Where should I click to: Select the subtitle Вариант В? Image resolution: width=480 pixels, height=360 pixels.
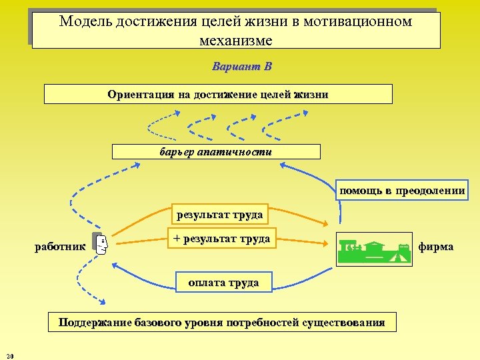point(241,67)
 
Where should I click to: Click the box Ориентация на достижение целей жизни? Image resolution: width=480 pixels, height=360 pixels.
point(218,94)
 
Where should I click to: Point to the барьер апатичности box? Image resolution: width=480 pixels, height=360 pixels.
point(216,151)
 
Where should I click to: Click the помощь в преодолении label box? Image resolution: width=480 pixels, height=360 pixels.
point(401,191)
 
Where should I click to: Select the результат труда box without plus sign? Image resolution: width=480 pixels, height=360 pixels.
point(219,215)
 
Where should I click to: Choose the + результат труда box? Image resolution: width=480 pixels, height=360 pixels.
point(221,239)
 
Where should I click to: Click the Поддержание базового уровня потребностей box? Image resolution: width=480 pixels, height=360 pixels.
point(221,323)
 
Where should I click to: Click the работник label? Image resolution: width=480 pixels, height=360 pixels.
point(60,247)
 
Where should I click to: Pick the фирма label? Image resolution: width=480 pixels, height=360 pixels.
point(436,247)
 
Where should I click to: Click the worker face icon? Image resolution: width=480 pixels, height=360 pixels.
point(101,246)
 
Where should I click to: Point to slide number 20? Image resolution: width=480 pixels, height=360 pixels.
point(9,354)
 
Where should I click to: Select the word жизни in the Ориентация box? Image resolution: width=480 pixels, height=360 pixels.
point(311,94)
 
